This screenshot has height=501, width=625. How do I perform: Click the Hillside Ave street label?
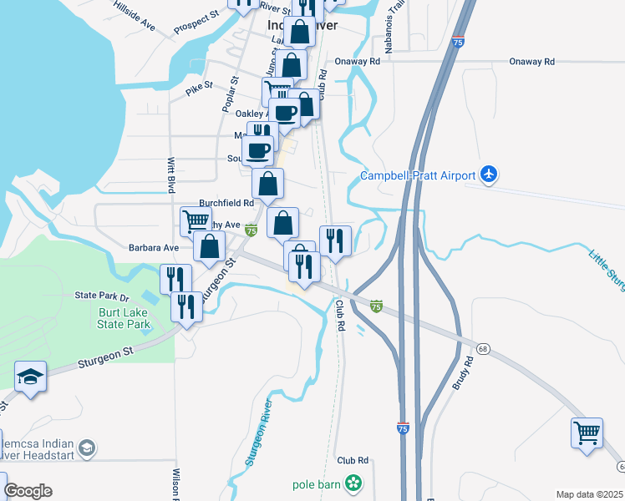click(x=135, y=22)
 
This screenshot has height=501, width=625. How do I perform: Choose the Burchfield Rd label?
click(x=226, y=203)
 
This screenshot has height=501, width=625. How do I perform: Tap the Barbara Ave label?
click(x=154, y=248)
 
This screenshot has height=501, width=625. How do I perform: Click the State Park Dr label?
click(x=103, y=296)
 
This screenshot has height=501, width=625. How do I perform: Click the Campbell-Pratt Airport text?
click(x=418, y=175)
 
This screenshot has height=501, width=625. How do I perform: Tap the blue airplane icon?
click(x=490, y=175)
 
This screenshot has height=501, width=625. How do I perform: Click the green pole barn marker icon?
click(x=354, y=483)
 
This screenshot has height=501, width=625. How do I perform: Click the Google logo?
click(x=28, y=491)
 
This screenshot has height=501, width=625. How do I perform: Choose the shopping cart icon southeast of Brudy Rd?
click(x=587, y=433)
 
